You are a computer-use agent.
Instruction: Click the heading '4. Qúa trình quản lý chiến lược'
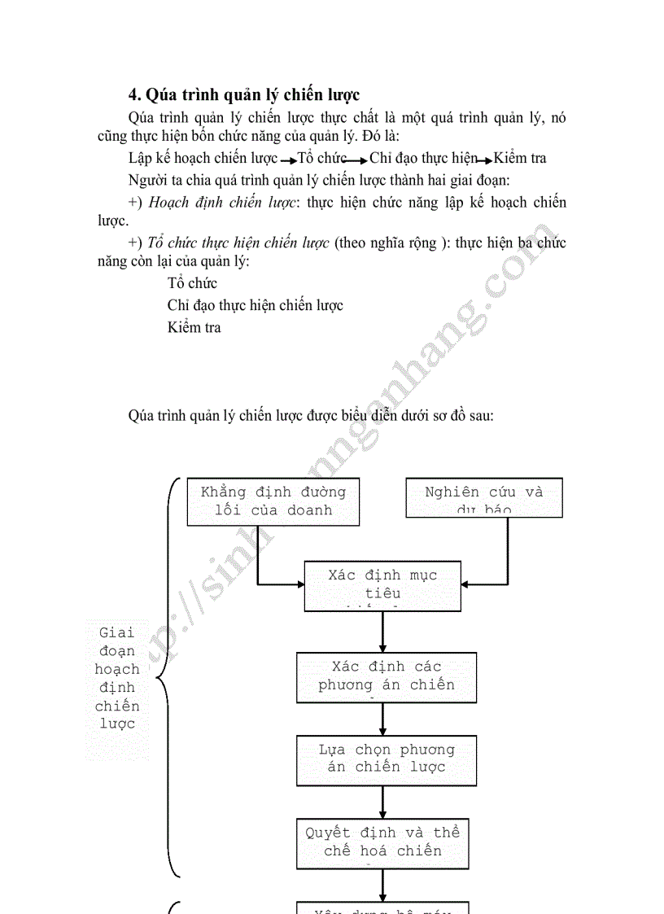coord(244,94)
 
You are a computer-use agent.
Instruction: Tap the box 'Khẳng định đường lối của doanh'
coord(273,501)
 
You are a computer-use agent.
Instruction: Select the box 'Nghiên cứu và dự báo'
coord(483,497)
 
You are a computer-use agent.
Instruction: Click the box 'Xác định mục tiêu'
coord(382,585)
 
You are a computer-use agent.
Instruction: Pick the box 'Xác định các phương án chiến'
coord(386,676)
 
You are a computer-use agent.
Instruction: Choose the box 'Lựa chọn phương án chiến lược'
coord(386,760)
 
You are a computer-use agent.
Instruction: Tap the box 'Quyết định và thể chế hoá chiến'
coord(382,843)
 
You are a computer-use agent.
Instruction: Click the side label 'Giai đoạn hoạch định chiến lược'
coord(117,677)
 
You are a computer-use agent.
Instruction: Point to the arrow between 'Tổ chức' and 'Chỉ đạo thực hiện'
coord(358,160)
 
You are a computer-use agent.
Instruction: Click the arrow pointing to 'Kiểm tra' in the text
coord(483,160)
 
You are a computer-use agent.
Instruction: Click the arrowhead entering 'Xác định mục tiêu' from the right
coord(468,584)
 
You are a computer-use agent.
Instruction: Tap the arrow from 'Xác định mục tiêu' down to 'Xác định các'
coord(382,632)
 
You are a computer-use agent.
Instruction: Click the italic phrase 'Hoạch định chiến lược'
coord(221,203)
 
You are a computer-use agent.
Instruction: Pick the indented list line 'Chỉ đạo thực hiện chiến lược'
coord(255,305)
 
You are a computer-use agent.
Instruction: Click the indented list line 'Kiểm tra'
coord(194,327)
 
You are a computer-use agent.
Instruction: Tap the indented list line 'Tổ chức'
coord(192,283)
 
